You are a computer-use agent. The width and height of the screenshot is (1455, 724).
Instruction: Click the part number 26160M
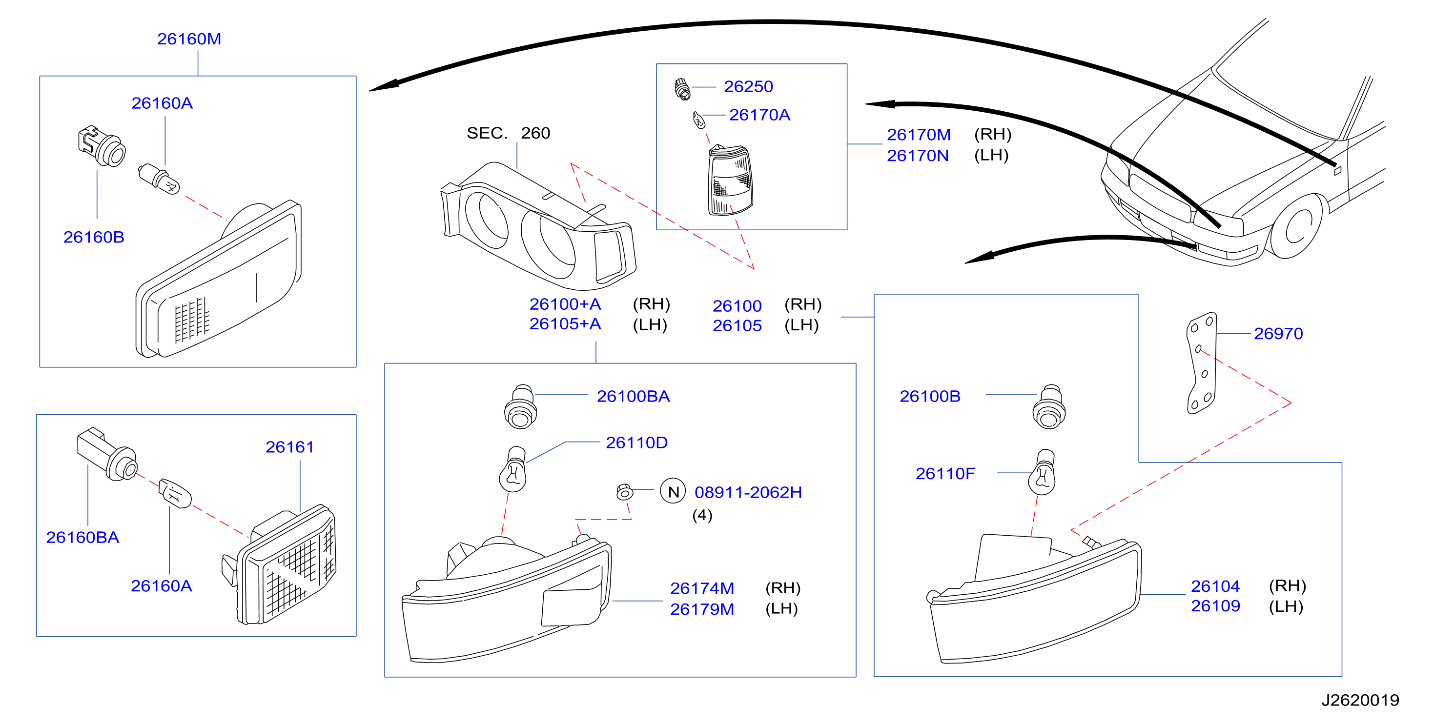[x=189, y=39]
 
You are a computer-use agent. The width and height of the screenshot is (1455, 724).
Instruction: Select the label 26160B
[x=94, y=237]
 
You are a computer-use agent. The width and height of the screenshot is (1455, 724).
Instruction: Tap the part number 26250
[x=748, y=86]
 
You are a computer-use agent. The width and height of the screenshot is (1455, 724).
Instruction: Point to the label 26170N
[x=917, y=155]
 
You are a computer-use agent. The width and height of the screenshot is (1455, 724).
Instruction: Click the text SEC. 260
[x=508, y=133]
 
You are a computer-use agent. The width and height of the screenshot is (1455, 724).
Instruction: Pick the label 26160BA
[x=82, y=537]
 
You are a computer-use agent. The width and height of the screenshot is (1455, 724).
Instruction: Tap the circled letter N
[x=673, y=491]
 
